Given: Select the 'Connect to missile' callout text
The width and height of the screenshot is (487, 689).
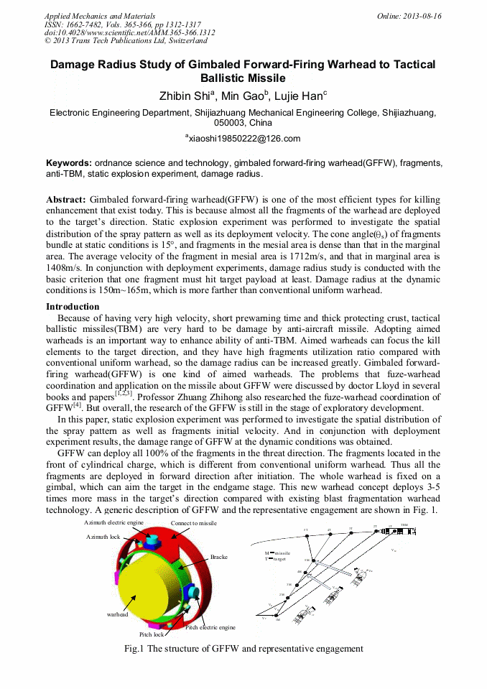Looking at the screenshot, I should (x=193, y=523).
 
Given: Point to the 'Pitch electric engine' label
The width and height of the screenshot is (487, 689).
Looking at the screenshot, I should (x=210, y=627).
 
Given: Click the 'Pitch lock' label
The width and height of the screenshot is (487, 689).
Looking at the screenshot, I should (x=152, y=634).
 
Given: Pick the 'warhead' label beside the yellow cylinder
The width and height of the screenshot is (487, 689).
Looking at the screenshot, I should (x=117, y=614).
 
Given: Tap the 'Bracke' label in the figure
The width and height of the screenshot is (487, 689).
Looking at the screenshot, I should (x=219, y=557).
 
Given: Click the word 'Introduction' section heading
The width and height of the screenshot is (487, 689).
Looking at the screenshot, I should (x=73, y=307).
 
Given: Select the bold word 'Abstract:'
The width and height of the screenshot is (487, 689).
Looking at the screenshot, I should (x=66, y=199).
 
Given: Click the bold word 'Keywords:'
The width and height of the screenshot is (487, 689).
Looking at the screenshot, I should (x=69, y=163).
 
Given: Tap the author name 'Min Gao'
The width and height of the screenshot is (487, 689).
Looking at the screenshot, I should (x=243, y=95).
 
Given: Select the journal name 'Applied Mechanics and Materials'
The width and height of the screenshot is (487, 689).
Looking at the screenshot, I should (x=100, y=16).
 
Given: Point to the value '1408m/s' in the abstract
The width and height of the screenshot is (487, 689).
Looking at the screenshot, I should (x=63, y=269).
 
